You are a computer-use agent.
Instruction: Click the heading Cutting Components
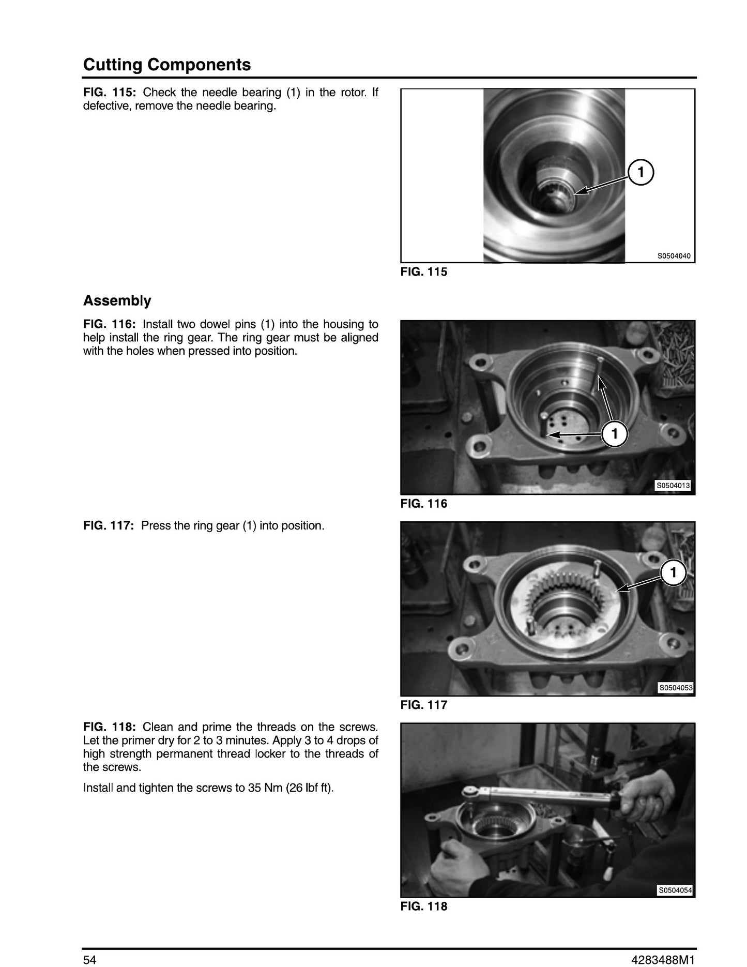point(167,65)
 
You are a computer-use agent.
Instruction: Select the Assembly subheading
point(117,301)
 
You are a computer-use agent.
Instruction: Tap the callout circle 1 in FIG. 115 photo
point(641,172)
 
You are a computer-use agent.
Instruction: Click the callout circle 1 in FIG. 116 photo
point(615,434)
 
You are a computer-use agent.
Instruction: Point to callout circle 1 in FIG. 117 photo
point(673,572)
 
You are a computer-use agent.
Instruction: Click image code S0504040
point(674,256)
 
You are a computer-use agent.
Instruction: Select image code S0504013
point(673,486)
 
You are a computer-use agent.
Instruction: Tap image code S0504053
point(675,688)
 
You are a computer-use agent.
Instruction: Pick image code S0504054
point(675,890)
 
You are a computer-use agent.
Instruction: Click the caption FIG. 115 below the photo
point(424,272)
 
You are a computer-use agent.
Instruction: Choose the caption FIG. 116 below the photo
point(424,504)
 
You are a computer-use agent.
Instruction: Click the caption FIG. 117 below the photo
point(424,705)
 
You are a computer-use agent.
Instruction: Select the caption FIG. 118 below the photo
point(424,906)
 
